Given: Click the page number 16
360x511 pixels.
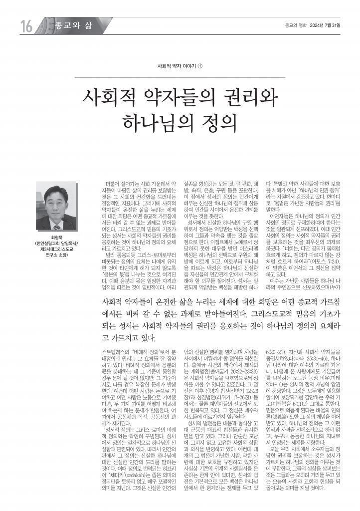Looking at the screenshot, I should click(x=26, y=25).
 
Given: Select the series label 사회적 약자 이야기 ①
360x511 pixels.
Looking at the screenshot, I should click(x=180, y=66).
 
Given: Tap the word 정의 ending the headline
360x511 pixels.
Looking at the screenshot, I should click(x=219, y=122).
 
